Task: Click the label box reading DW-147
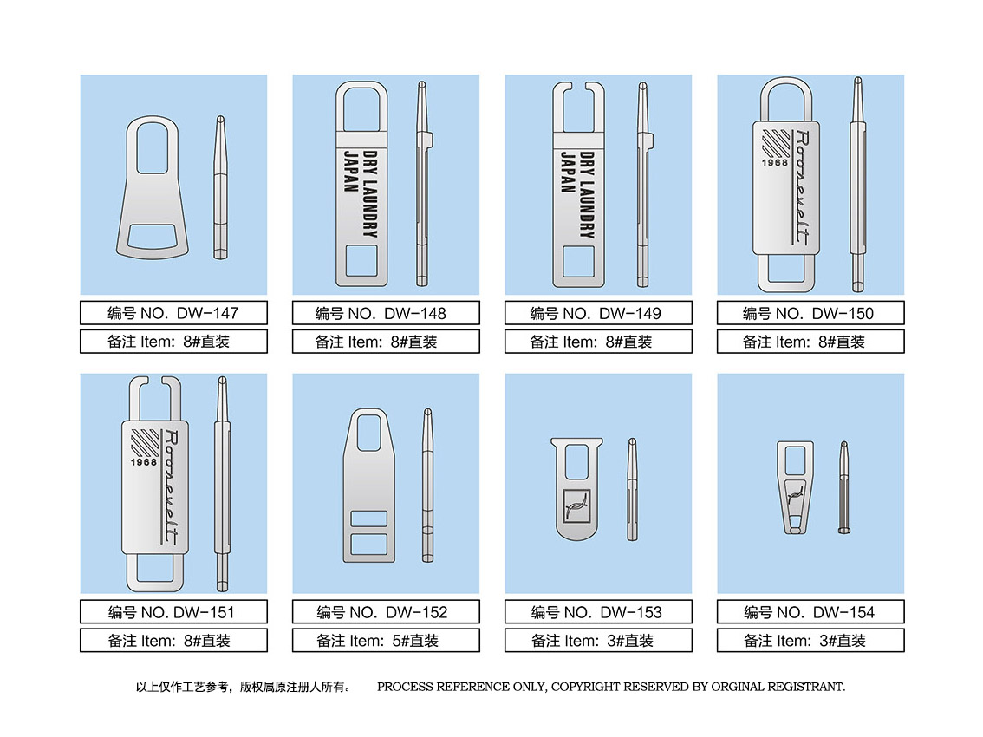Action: [173, 313]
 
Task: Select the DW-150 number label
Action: [810, 313]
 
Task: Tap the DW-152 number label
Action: [386, 612]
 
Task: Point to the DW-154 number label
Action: [810, 612]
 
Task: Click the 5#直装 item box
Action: [386, 641]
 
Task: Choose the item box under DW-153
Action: [598, 641]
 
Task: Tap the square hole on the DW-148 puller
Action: [360, 262]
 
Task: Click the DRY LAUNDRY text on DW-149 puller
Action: [587, 195]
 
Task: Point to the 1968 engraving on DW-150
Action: [776, 162]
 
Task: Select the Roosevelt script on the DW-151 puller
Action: [170, 486]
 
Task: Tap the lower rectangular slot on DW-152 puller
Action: [369, 545]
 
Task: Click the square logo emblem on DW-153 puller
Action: [573, 505]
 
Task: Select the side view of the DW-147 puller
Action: [220, 186]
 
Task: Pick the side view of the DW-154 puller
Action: [843, 486]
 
